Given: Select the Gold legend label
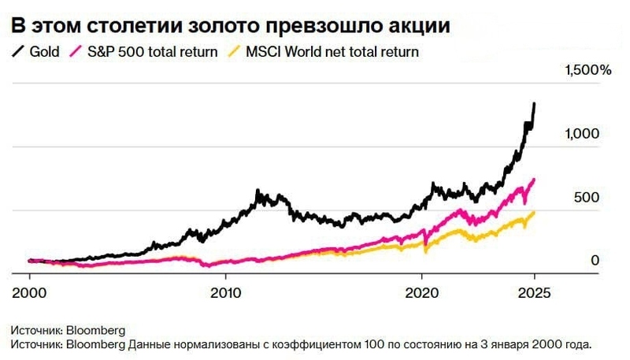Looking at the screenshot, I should (x=44, y=52).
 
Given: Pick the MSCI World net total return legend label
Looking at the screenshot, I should (x=331, y=52).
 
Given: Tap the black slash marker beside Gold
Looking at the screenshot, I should (x=17, y=52).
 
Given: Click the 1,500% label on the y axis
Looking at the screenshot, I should (x=587, y=71).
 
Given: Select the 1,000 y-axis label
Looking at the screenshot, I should (x=582, y=135).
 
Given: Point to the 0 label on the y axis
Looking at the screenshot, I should (x=595, y=261).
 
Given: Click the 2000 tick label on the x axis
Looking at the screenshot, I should (x=29, y=289).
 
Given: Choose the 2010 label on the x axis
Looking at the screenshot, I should (x=226, y=289).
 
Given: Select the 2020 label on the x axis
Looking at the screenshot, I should (x=421, y=289).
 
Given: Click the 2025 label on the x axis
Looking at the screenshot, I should (x=534, y=289).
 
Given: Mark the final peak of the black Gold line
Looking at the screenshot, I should (x=535, y=103).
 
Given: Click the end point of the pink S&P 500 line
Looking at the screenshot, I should (x=535, y=180).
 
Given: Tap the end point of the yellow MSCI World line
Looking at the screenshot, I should (x=535, y=212).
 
